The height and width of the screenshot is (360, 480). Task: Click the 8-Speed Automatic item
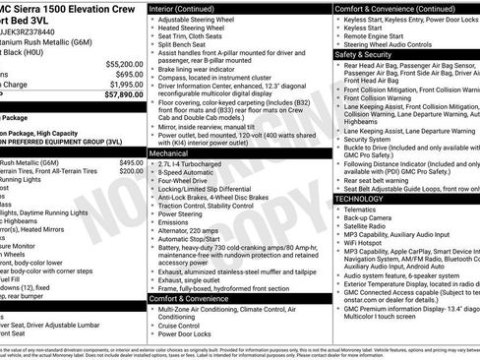pyautogui.click(x=191, y=172)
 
